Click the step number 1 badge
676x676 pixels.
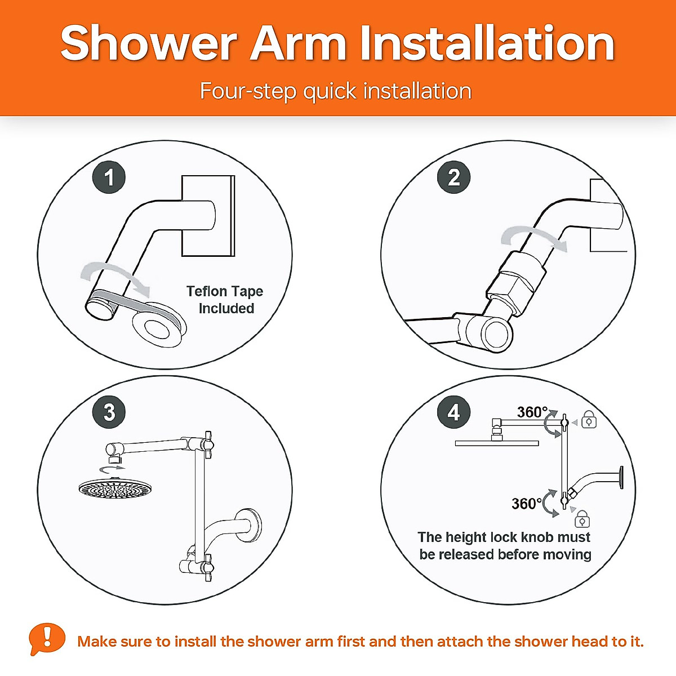[x=109, y=177]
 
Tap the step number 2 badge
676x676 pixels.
[x=453, y=177]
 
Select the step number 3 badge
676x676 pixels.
[x=109, y=412]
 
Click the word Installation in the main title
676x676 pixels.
[x=487, y=44]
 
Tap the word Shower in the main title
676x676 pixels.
[x=149, y=44]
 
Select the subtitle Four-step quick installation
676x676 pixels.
[x=336, y=91]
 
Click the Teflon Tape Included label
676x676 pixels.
[x=225, y=300]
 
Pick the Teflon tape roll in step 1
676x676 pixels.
[x=158, y=328]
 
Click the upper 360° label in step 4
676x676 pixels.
[x=532, y=412]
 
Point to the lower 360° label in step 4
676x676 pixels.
[x=526, y=503]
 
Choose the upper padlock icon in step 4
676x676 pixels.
[x=589, y=420]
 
